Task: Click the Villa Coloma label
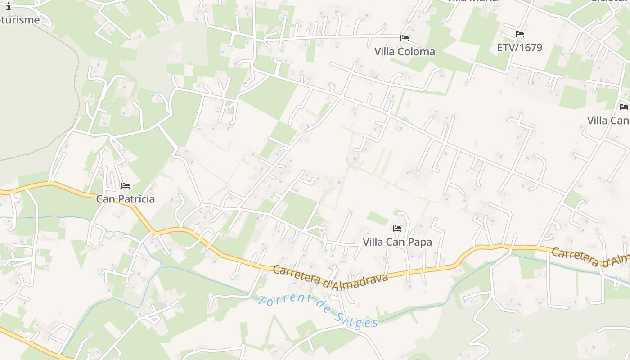pos(405,52)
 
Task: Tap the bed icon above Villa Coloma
pos(405,38)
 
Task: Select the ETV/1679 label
pos(519,47)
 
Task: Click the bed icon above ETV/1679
pos(520,34)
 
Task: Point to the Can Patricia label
pos(125,199)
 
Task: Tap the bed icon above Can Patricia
pos(126,185)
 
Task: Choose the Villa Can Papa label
pos(397,242)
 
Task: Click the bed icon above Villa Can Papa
pos(397,229)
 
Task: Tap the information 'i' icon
pos(8,6)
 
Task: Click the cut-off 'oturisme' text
pos(20,20)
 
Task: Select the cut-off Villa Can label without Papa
pos(608,121)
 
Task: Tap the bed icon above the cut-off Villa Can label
pos(624,107)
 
